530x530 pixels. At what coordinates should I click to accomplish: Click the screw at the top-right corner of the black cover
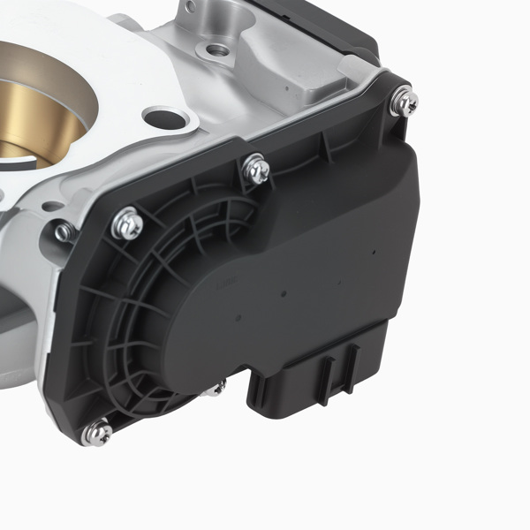pos(405,102)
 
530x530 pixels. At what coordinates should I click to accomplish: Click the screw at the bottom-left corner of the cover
pos(96,433)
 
